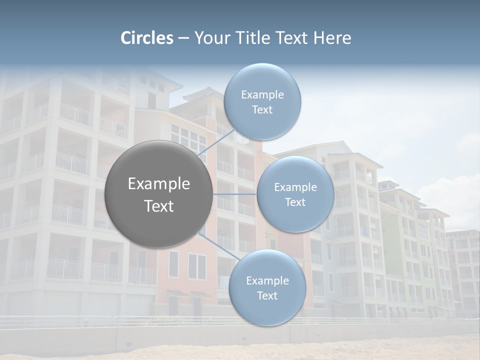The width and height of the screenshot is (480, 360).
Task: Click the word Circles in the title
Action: (147, 38)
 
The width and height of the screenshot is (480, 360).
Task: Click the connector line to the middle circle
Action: (235, 194)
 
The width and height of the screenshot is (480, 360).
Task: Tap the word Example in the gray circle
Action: (159, 184)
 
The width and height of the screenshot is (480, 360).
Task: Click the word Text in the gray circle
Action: (159, 206)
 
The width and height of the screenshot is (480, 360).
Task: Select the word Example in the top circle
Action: (262, 95)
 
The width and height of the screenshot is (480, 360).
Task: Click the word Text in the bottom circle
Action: (267, 296)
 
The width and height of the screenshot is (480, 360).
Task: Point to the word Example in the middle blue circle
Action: (295, 187)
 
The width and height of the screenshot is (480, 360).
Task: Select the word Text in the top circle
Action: (262, 110)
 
